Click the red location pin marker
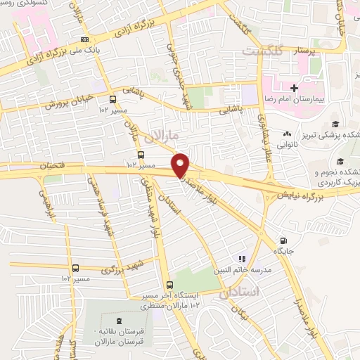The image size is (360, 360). point(181,165)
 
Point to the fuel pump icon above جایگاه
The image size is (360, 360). point(283,240)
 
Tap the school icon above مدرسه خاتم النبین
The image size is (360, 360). point(242,259)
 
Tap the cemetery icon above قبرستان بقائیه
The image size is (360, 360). point(117,321)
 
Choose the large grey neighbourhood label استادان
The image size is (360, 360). point(240,292)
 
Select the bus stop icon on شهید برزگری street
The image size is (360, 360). point(76,268)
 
